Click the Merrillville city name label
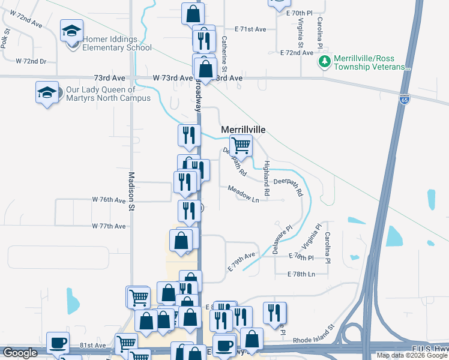tap(243, 130)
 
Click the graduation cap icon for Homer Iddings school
tap(71, 31)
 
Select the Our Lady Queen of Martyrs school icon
tap(47, 92)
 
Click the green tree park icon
tap(325, 61)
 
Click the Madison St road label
tap(131, 191)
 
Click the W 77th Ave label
tap(109, 226)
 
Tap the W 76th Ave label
tap(109, 199)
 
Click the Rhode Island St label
tap(313, 335)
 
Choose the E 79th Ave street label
tap(241, 262)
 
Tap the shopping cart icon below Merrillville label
tap(241, 145)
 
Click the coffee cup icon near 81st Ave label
tap(58, 343)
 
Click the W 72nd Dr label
tap(31, 61)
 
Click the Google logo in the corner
tap(20, 353)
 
